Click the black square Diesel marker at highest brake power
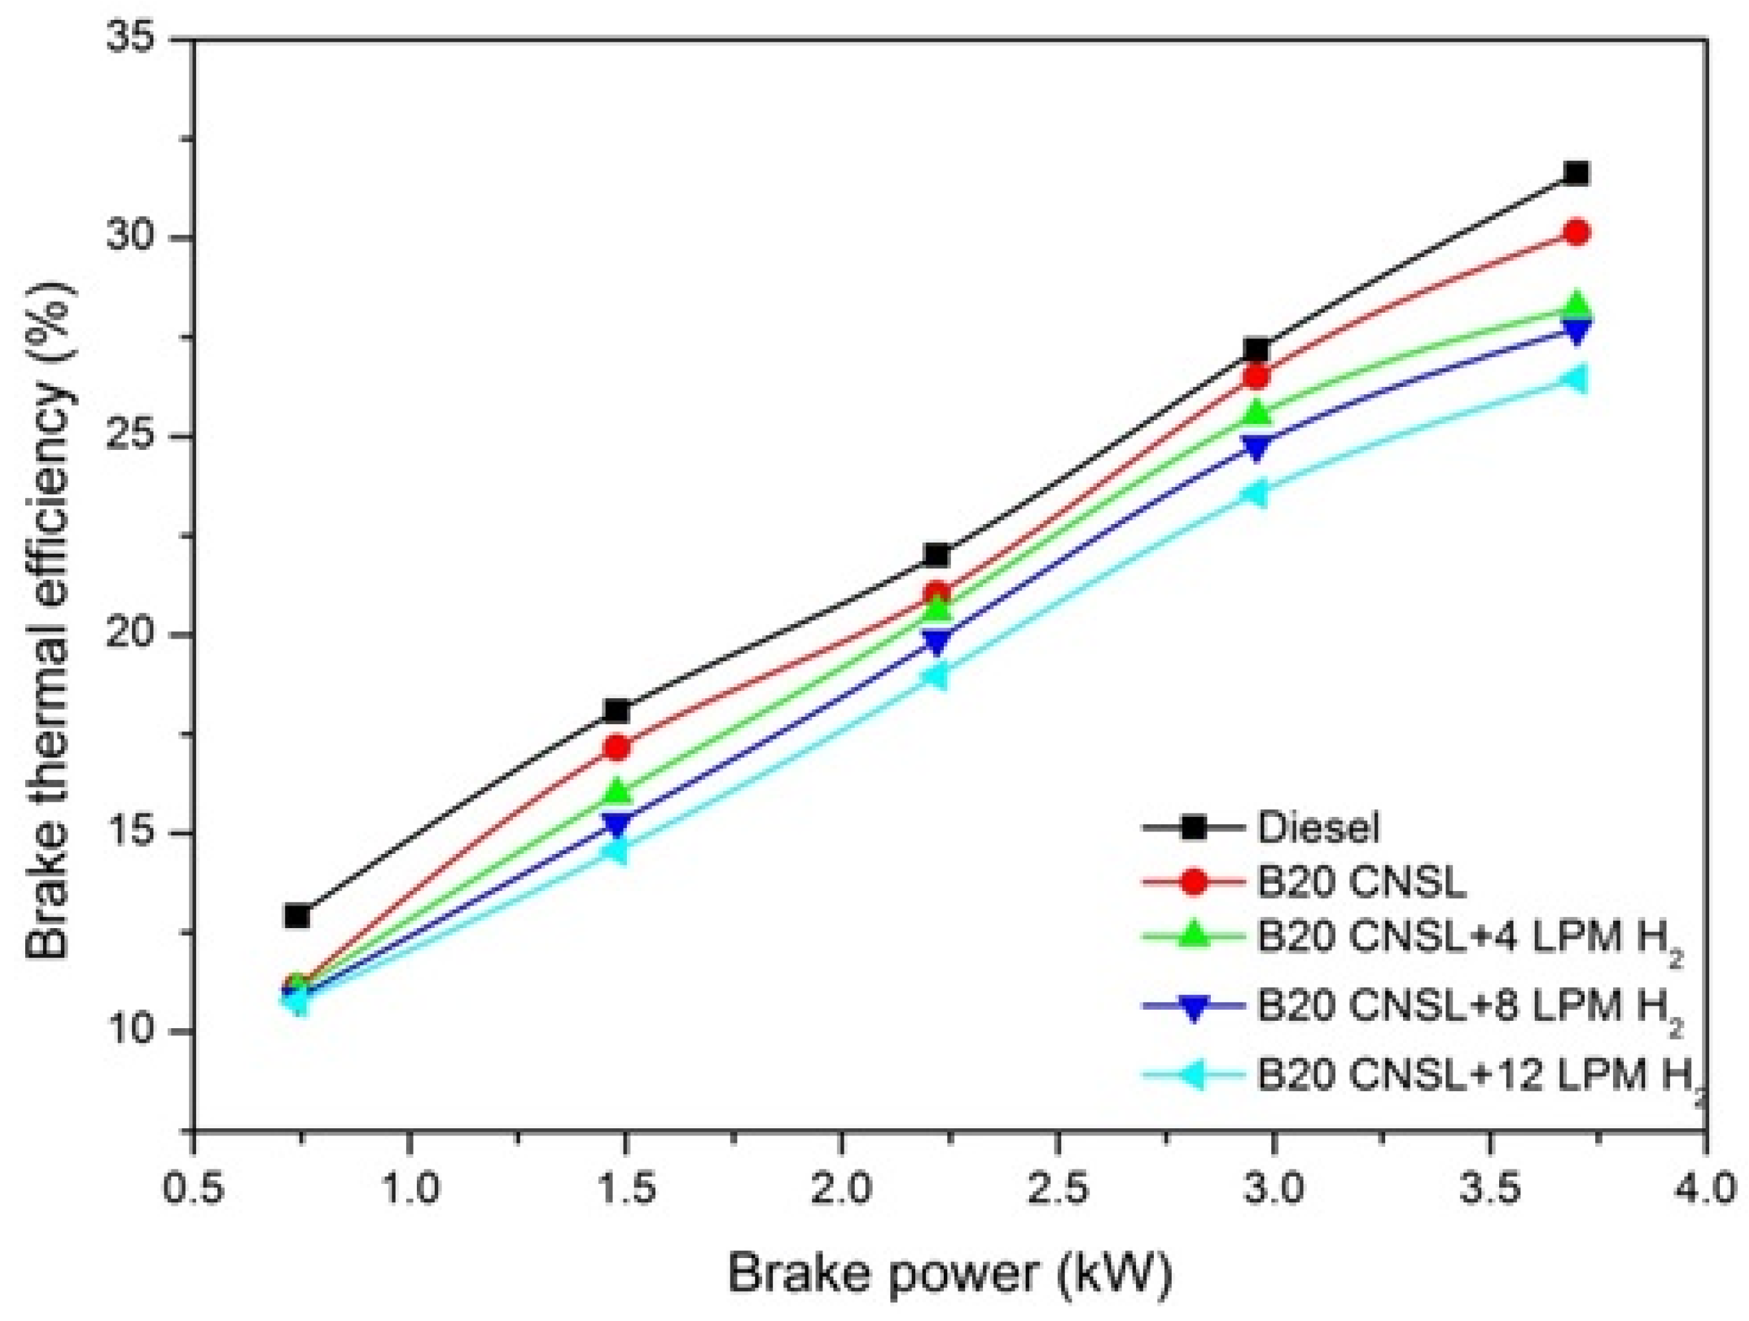pos(1576,173)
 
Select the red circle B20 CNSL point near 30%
pos(1576,233)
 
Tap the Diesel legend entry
pos(1318,827)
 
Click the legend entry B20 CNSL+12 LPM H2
pos(1479,1077)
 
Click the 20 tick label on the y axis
pos(139,635)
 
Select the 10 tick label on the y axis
pos(139,1031)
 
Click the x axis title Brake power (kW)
pos(949,1275)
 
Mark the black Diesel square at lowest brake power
pos(298,916)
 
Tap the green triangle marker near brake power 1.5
pos(618,790)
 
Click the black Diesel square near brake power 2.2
pos(936,555)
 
